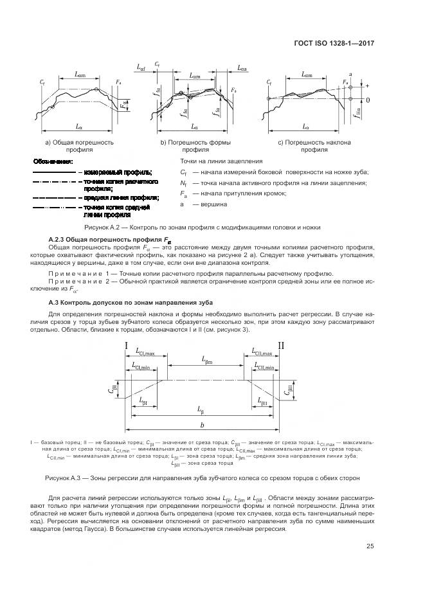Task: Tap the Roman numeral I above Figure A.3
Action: (126, 346)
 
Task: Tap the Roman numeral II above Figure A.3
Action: (280, 346)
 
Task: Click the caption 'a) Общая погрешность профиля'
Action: (79, 145)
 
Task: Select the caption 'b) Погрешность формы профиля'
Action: (195, 145)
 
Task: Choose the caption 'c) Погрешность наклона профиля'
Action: (311, 145)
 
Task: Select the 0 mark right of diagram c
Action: (368, 100)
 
